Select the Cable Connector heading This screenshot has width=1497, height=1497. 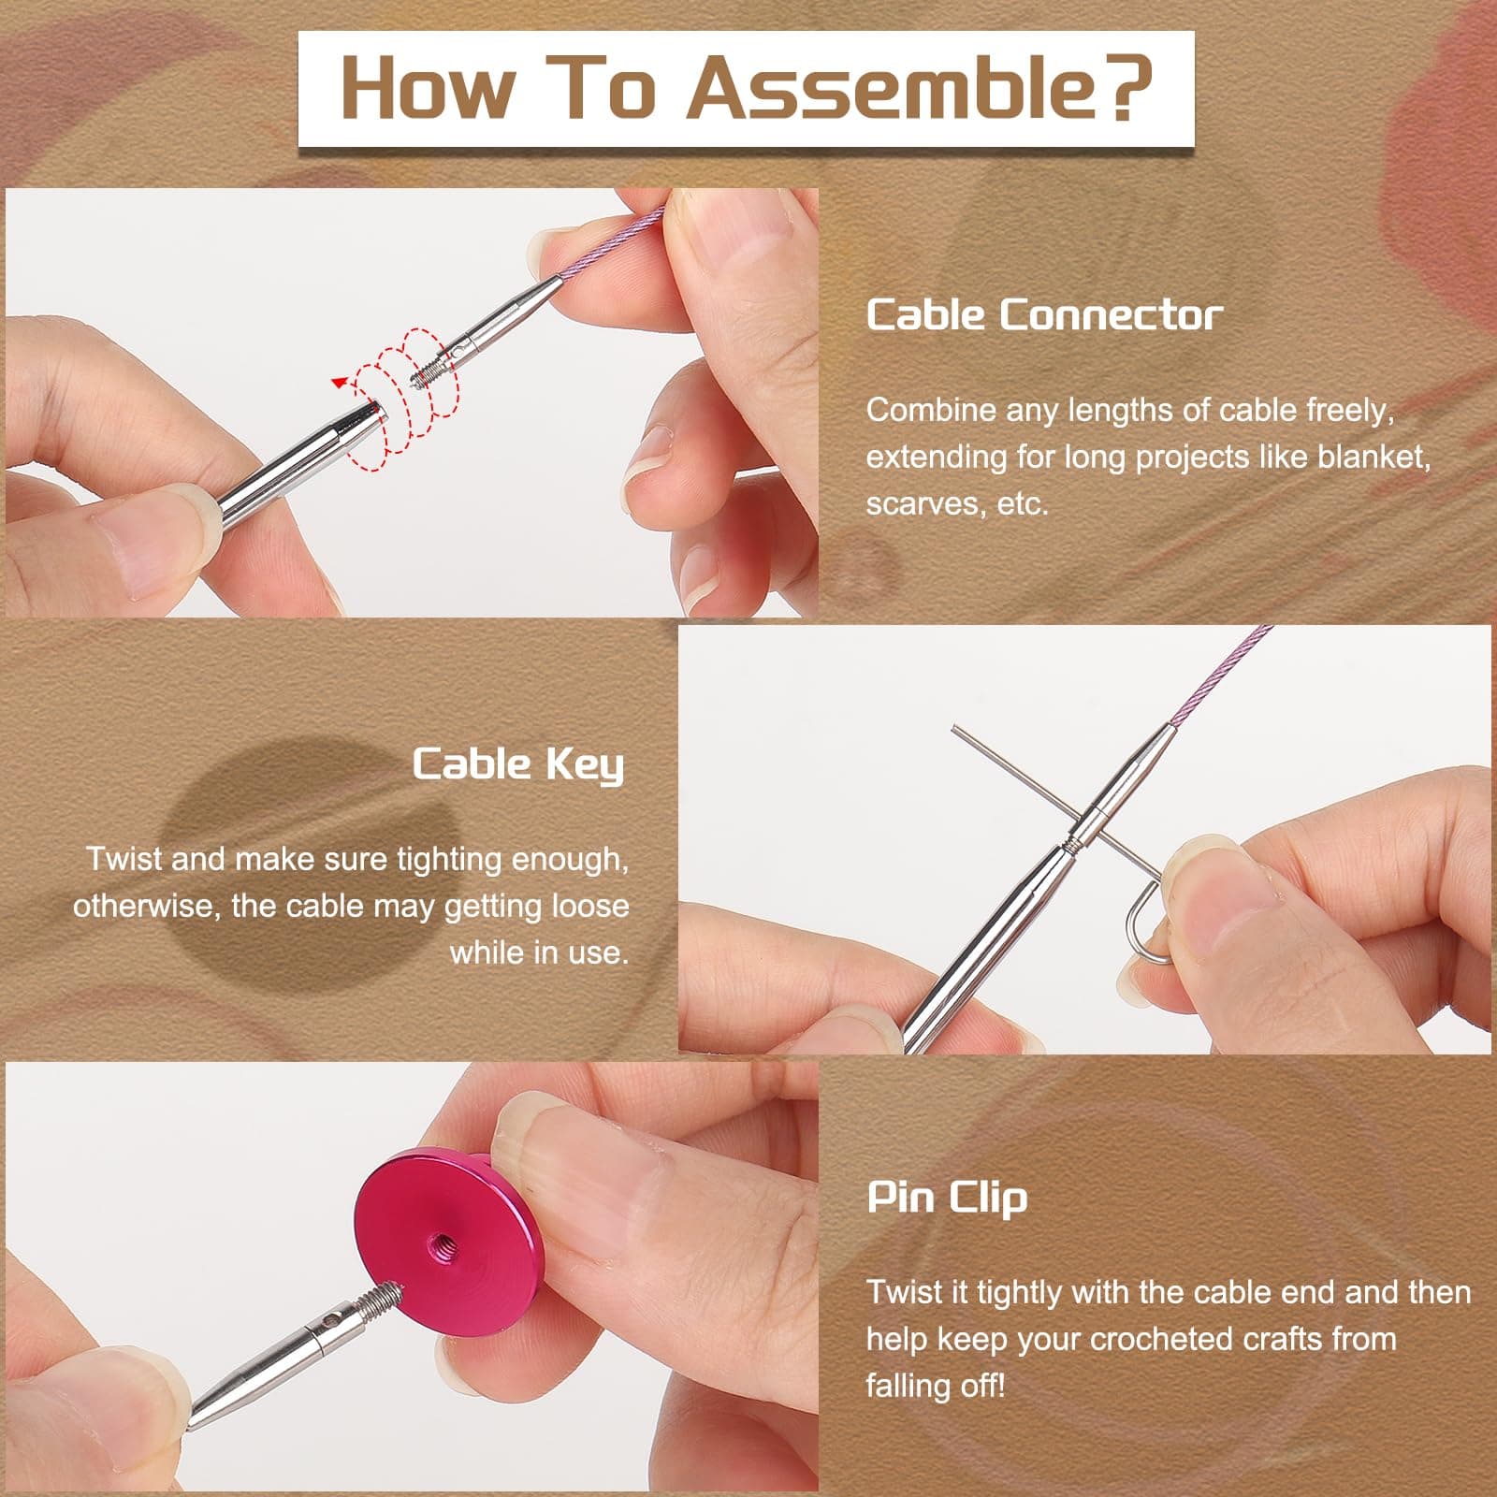point(1043,315)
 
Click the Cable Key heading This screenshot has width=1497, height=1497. point(517,765)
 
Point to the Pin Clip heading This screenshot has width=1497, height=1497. point(947,1198)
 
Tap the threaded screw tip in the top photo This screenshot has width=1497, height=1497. point(429,373)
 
